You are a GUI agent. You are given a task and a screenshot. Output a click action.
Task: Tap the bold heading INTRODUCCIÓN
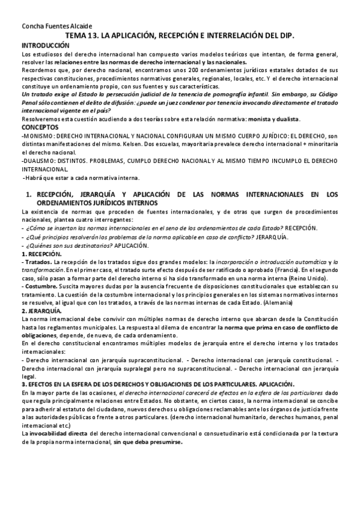coord(45,46)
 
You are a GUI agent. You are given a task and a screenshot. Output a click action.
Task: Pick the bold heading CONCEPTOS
coord(40,128)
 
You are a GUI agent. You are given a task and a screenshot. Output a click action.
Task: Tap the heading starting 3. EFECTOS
coord(157,384)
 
